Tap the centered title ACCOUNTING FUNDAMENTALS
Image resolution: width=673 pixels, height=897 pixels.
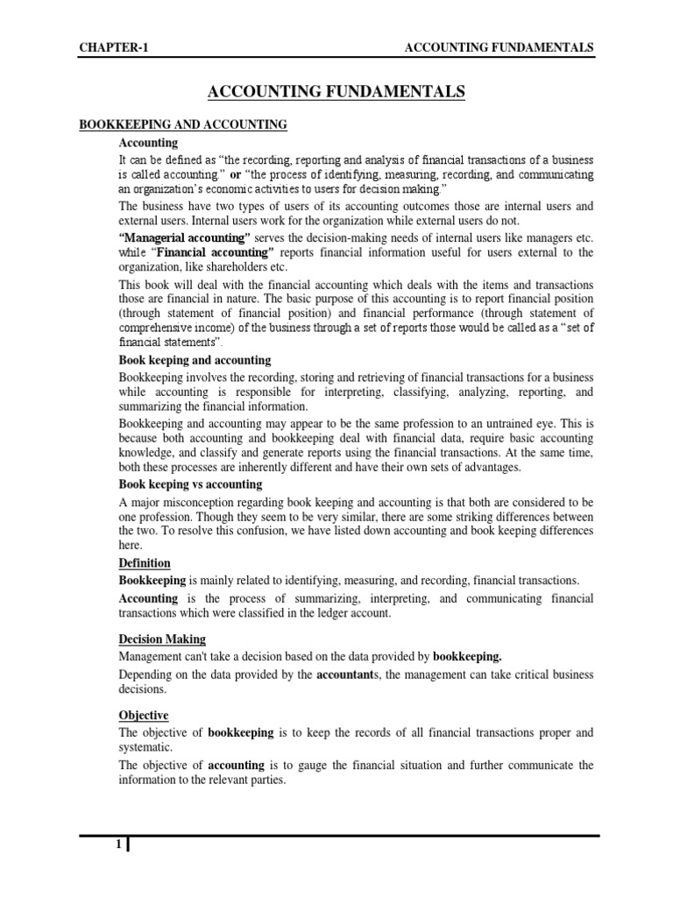pyautogui.click(x=336, y=90)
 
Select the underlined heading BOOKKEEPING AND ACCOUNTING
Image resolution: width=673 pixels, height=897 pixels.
pyautogui.click(x=183, y=125)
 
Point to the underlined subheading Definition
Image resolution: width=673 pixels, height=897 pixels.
pyautogui.click(x=145, y=562)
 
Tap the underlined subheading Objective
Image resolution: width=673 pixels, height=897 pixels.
pyautogui.click(x=144, y=716)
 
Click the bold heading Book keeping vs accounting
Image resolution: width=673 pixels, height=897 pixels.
pyautogui.click(x=190, y=484)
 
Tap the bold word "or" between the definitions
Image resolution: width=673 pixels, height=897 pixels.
pyautogui.click(x=235, y=174)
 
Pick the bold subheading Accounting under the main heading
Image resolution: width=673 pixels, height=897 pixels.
pyautogui.click(x=148, y=142)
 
